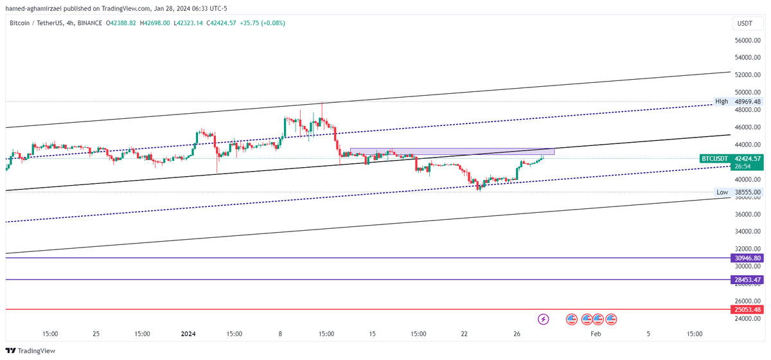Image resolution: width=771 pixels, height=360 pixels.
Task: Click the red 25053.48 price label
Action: point(747,309)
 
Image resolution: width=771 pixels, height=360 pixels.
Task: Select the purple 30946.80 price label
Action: point(747,258)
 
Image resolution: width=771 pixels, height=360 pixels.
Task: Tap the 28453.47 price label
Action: point(747,280)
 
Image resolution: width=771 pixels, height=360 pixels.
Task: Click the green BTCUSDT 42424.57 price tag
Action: point(731,158)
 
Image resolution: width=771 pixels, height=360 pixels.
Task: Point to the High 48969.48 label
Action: point(738,102)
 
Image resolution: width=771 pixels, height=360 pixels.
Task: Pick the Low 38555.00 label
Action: point(739,192)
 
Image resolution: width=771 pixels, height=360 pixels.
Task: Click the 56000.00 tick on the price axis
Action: point(748,40)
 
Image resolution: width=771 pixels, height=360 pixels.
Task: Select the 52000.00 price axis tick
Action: point(748,75)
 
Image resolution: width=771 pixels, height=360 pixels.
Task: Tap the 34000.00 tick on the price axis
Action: point(748,231)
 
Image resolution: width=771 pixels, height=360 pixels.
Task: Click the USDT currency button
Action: point(745,24)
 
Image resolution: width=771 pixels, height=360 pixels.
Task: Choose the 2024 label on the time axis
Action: point(188,334)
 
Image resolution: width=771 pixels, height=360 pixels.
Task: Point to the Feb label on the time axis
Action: point(596,334)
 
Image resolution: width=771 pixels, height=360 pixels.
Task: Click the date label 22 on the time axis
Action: point(464,334)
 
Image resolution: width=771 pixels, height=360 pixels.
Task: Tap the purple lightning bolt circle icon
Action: point(544,319)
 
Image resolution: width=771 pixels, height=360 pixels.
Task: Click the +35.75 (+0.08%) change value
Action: point(261,23)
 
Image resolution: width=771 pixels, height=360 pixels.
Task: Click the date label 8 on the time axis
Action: point(280,334)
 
